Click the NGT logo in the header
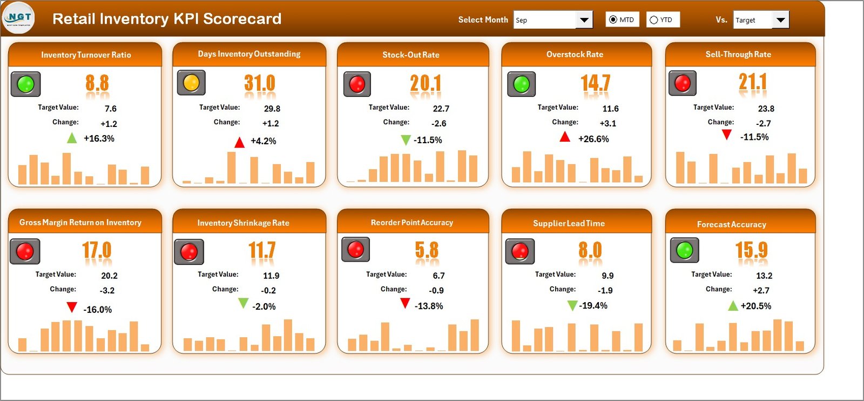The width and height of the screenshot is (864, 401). point(19,18)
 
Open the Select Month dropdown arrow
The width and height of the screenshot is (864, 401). point(584,20)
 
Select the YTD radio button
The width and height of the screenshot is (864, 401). point(654,20)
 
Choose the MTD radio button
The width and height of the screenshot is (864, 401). point(613,20)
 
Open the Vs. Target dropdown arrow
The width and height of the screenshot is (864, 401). point(780,20)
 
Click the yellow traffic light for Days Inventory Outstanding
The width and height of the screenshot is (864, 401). point(191,83)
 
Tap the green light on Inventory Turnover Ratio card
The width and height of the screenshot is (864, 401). point(26,84)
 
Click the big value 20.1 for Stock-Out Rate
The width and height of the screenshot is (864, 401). point(426,83)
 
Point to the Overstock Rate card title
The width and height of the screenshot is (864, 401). point(575,54)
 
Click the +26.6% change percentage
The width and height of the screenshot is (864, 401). point(593,139)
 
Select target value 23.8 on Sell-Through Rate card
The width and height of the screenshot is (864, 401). point(766,109)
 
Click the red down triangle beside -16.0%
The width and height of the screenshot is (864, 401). point(72,307)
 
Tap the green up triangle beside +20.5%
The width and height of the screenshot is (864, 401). point(733,306)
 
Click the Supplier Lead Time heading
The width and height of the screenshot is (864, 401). point(569,223)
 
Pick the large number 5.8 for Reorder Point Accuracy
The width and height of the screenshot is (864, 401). point(427,250)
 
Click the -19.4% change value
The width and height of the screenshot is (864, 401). point(593,305)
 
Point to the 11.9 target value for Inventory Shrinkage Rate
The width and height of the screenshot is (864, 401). point(271,276)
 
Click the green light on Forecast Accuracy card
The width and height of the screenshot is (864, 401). point(685,250)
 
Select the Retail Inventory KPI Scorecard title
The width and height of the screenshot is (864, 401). point(167,19)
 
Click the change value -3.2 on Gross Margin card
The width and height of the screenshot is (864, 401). point(107,290)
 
